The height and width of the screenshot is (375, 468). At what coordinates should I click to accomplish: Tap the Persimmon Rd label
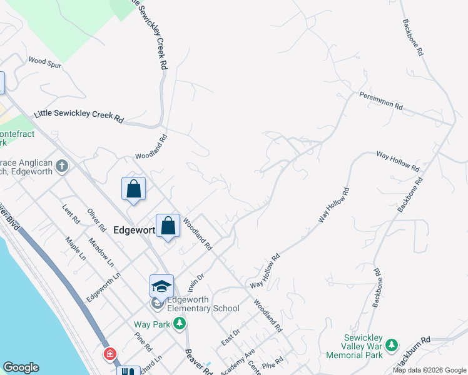tap(380, 101)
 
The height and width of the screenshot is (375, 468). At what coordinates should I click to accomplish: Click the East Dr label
tap(230, 337)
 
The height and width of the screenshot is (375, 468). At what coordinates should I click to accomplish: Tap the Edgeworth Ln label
tap(103, 286)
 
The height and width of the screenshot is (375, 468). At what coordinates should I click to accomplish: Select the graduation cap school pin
tap(161, 286)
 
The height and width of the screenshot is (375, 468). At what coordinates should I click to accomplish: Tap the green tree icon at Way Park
tap(180, 323)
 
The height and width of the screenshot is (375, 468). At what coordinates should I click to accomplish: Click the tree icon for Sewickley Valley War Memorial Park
tap(392, 345)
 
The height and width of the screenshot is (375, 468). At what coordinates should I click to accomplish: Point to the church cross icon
tap(61, 166)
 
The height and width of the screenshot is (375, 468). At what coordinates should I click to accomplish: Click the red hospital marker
tap(111, 354)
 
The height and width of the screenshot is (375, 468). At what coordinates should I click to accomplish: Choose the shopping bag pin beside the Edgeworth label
tap(168, 226)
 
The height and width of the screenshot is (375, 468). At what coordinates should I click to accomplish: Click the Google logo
tap(21, 367)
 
